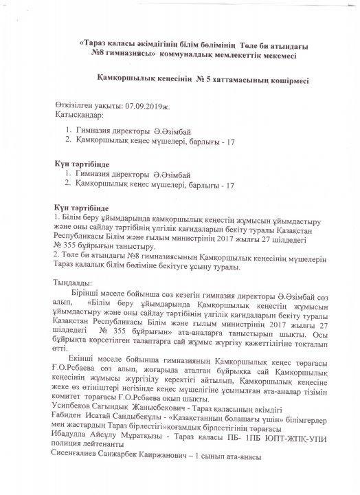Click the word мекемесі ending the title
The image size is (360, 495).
pos(283,53)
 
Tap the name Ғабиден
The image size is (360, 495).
pos(70,419)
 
